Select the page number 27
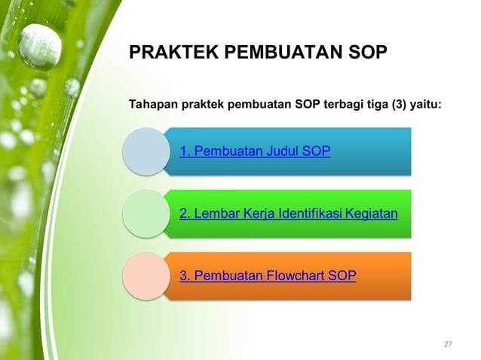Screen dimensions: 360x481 [x=448, y=344]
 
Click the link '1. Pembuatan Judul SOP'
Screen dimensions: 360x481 [x=255, y=151]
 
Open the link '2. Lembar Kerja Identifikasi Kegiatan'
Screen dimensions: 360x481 [x=288, y=214]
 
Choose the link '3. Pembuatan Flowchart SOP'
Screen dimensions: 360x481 [x=268, y=276]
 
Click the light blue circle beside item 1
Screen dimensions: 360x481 [x=146, y=151]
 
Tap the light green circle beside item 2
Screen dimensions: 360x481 [x=146, y=214]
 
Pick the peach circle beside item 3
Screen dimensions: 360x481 [x=146, y=276]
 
